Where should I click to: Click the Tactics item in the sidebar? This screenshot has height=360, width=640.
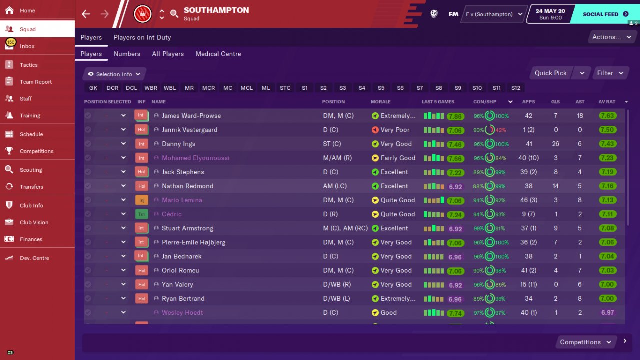click(x=29, y=65)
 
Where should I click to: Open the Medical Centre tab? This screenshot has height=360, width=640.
click(x=218, y=54)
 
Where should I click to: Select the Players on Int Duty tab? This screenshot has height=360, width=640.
click(x=142, y=37)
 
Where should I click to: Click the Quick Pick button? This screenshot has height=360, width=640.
click(x=550, y=73)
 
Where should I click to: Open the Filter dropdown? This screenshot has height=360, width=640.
click(x=610, y=73)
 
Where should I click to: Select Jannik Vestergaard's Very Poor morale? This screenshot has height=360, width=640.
click(x=395, y=130)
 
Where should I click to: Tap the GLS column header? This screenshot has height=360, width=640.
click(x=556, y=102)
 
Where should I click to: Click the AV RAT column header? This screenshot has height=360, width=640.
click(x=607, y=102)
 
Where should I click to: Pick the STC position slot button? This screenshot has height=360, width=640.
click(x=285, y=88)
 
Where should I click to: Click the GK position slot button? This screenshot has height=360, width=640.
click(x=93, y=88)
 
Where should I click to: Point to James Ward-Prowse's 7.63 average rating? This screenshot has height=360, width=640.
click(x=607, y=116)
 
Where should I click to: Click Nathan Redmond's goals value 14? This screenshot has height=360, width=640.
click(x=556, y=186)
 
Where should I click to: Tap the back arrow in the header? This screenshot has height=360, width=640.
click(x=86, y=14)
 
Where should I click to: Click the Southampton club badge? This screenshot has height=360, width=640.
click(x=143, y=14)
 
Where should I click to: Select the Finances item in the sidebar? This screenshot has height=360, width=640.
click(x=31, y=239)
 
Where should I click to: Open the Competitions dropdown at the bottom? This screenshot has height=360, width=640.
click(x=585, y=342)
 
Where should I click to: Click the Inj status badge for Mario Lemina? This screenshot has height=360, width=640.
click(x=141, y=200)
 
